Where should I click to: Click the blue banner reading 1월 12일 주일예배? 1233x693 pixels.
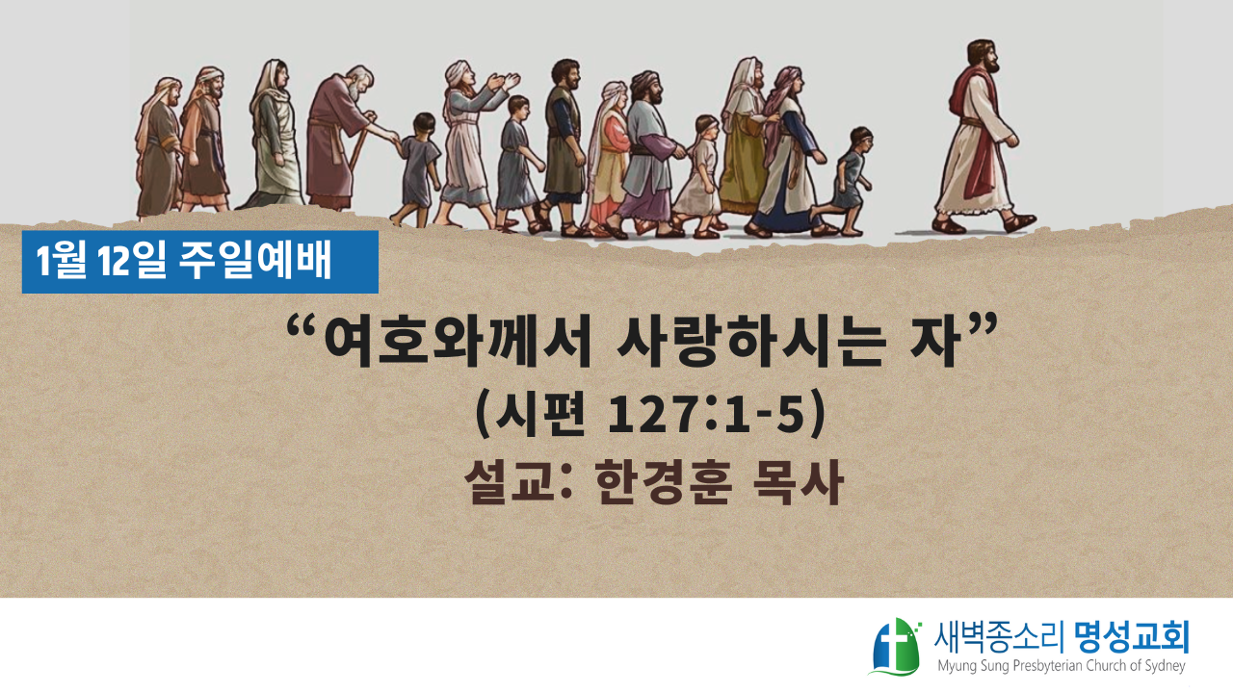(199, 262)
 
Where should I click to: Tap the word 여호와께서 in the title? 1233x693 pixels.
(458, 341)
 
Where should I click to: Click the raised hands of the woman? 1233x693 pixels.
(503, 83)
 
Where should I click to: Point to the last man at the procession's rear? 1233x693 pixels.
(159, 147)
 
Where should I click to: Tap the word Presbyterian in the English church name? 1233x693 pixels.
(1049, 666)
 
